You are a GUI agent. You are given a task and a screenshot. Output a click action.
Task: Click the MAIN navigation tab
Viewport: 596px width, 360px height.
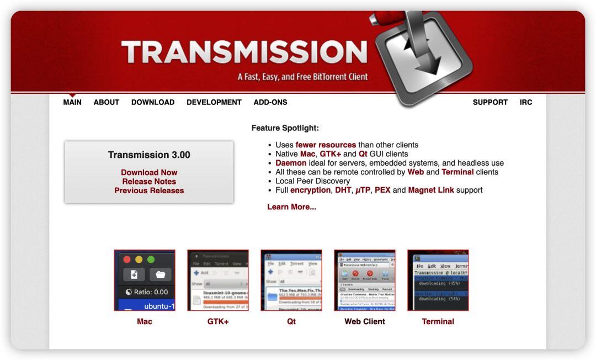72,102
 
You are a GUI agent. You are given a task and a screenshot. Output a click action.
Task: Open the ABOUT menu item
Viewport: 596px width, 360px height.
107,102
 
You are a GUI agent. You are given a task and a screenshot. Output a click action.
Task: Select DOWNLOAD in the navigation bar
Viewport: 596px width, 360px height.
153,102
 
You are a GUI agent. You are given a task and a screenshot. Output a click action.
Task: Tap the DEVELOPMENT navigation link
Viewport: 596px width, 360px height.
214,102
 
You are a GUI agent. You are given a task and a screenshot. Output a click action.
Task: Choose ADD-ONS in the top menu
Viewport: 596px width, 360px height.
270,102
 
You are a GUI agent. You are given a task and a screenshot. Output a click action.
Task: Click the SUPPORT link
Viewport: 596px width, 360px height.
490,102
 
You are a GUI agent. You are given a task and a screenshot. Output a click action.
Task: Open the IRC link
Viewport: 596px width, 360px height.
526,102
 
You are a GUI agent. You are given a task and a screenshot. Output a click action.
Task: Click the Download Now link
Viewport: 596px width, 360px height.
149,172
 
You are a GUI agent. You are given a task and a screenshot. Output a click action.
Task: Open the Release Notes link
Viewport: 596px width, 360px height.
149,181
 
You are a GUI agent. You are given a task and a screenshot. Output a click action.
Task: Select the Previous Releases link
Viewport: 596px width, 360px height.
149,190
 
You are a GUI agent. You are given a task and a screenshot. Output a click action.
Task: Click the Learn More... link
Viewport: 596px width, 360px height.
291,207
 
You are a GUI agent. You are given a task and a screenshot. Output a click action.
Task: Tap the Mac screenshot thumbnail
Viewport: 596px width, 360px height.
145,280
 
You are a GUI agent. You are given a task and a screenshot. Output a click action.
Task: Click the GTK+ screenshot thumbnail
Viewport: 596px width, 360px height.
218,280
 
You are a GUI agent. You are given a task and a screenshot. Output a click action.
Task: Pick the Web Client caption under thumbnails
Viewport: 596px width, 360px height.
365,321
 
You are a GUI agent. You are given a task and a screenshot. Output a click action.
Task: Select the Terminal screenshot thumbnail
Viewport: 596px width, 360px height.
438,280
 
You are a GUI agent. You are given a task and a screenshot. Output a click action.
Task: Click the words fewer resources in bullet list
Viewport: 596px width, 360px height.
326,145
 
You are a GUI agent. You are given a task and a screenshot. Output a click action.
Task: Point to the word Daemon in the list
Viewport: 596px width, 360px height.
291,163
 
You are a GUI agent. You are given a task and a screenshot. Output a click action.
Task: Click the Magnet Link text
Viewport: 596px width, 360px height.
431,190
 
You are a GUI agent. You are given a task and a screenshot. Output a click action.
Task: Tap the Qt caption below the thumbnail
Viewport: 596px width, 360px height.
291,321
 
